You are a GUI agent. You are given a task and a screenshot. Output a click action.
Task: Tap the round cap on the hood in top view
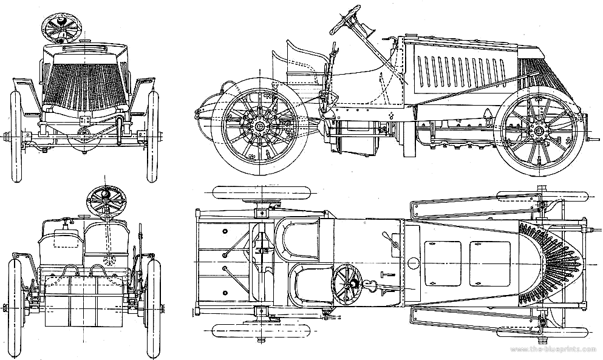[414, 263]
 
